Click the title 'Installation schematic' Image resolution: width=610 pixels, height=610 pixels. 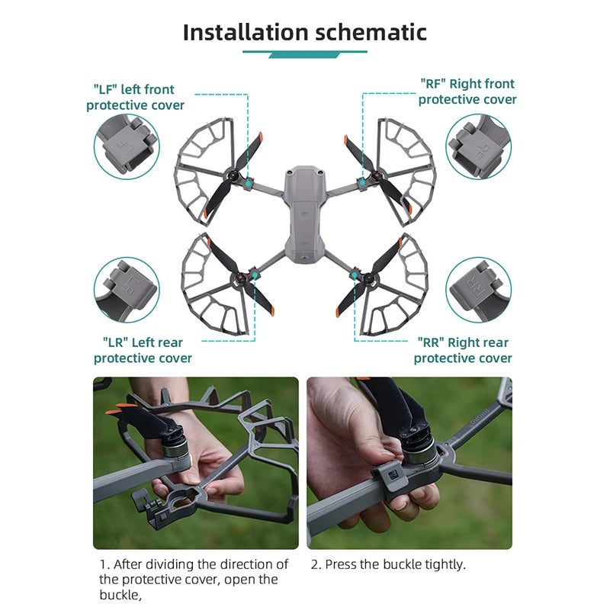pos(305,32)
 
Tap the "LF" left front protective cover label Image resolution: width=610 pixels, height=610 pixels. pos(136,98)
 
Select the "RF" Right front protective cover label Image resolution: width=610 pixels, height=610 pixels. pos(467,91)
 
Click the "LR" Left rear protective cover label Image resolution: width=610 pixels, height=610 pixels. pos(143,350)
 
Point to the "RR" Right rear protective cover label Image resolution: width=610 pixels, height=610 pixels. pos(462,350)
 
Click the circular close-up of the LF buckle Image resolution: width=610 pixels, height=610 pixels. pos(127,146)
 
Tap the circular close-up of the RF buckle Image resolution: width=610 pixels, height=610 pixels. pos(478,146)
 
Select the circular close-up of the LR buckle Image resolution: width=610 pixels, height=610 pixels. pos(127,289)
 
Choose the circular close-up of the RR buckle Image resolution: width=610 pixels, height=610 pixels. pos(478,289)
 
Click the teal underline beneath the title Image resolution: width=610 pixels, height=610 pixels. pos(305,53)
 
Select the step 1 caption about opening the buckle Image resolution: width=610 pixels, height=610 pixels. pos(194,579)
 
